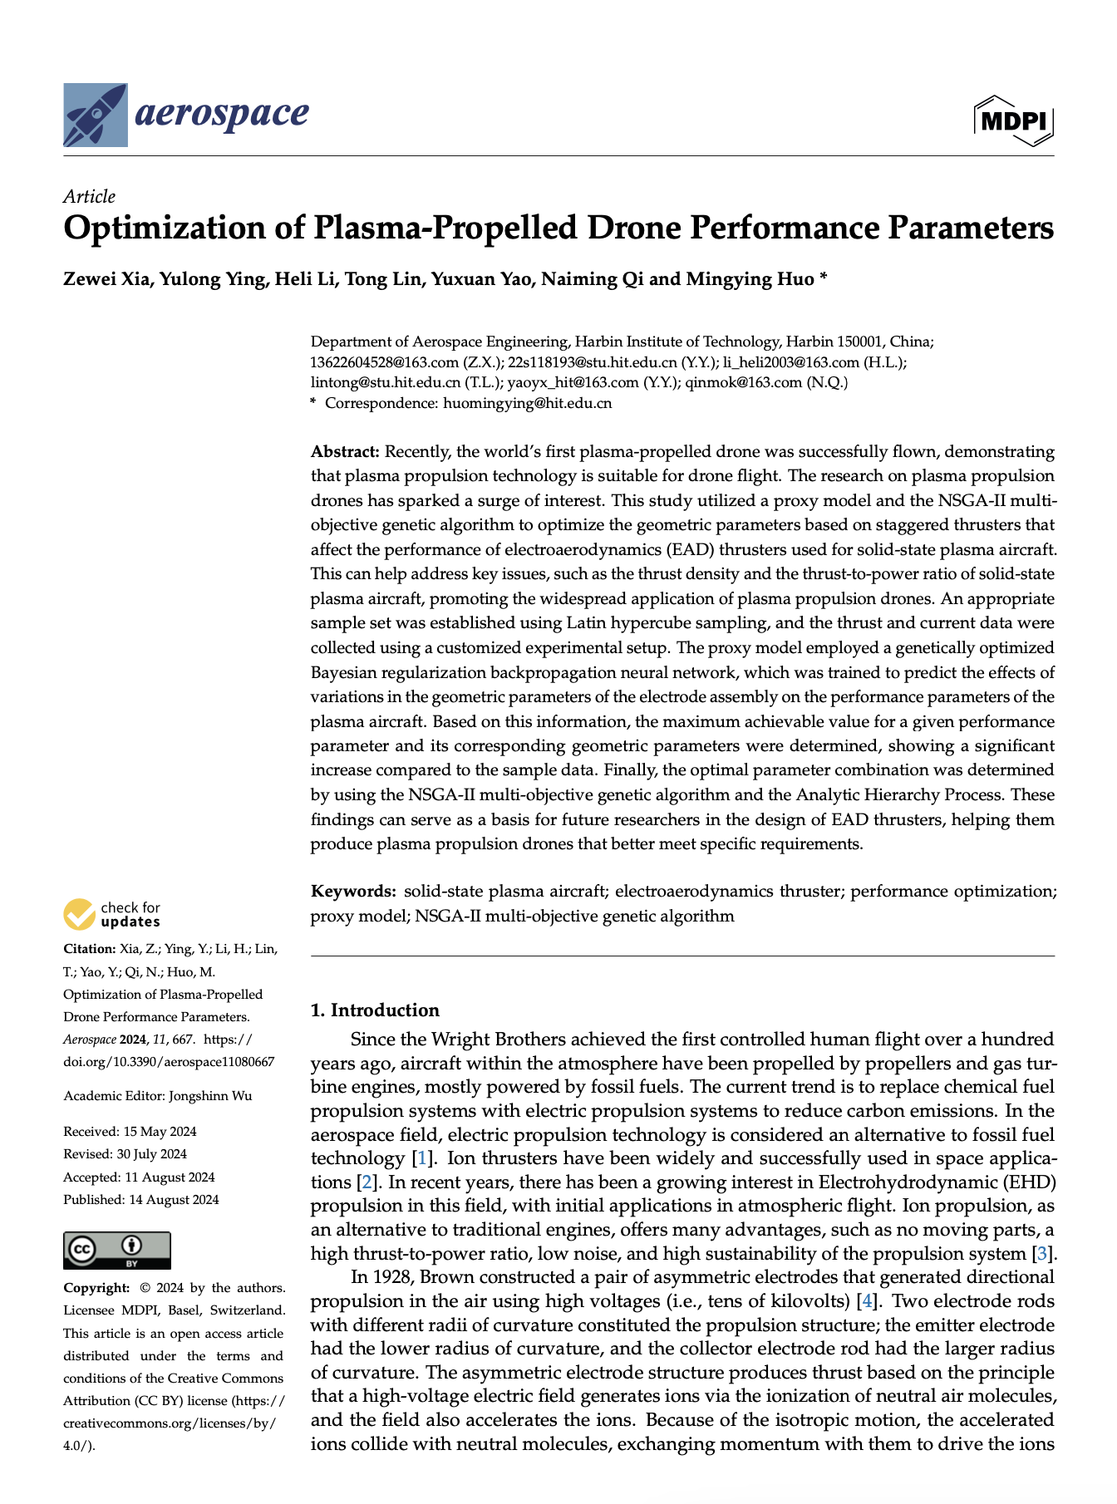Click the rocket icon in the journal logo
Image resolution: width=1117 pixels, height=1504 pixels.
[96, 115]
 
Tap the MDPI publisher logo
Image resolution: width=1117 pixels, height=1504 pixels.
[1013, 121]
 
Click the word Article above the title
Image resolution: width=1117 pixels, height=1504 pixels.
[89, 197]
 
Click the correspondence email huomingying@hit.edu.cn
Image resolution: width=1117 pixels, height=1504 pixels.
[528, 404]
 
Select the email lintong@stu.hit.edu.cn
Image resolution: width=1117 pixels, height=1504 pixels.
[386, 383]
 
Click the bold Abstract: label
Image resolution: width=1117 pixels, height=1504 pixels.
[345, 452]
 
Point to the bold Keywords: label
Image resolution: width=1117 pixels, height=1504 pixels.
[353, 892]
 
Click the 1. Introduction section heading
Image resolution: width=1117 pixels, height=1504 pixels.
[374, 1010]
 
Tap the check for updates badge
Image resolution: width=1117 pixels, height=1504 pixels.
[112, 914]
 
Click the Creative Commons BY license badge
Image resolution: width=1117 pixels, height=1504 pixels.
[116, 1250]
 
